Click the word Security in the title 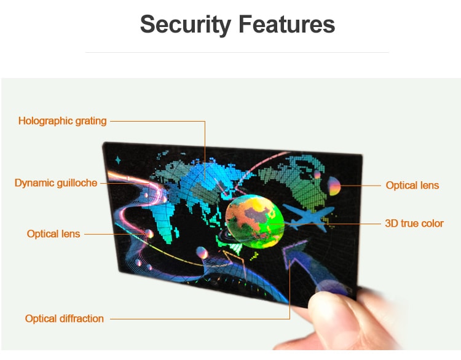[x=186, y=25]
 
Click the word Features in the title [x=286, y=24]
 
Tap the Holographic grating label [x=62, y=121]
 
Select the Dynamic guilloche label [x=56, y=183]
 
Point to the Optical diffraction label [x=65, y=319]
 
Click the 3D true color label [x=414, y=224]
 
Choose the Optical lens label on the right [x=412, y=185]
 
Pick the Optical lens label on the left [x=53, y=234]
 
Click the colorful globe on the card [x=254, y=221]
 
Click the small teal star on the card [x=118, y=160]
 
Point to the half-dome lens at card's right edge [x=334, y=186]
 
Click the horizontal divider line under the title [x=237, y=53]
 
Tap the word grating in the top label [x=91, y=122]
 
